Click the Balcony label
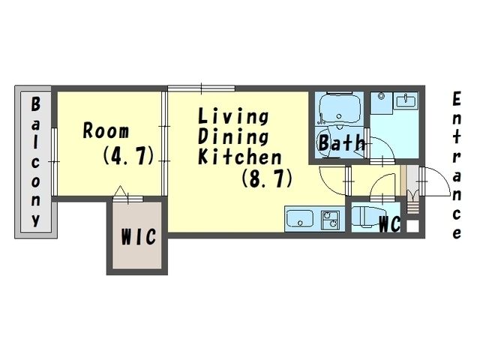[x=35, y=162]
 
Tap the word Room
[x=106, y=130]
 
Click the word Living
[x=233, y=116]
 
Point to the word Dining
[x=233, y=136]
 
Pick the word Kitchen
[x=240, y=157]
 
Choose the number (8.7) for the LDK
[x=267, y=178]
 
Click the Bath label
[x=342, y=142]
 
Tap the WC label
[x=390, y=224]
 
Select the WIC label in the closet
[x=138, y=236]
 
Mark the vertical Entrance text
[x=457, y=165]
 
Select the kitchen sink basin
[x=300, y=218]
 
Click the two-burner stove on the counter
[x=330, y=220]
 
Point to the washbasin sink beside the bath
[x=405, y=100]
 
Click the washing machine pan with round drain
[x=382, y=103]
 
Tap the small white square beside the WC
[x=412, y=226]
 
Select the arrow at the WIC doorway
[x=120, y=190]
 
